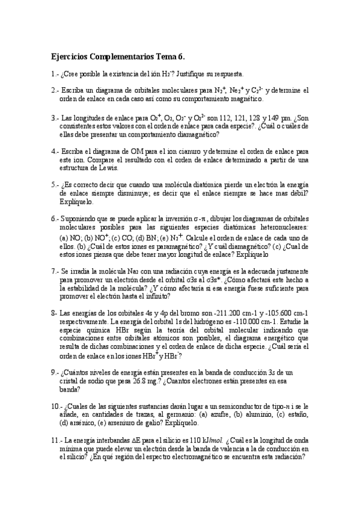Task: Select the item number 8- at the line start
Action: tap(55, 313)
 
